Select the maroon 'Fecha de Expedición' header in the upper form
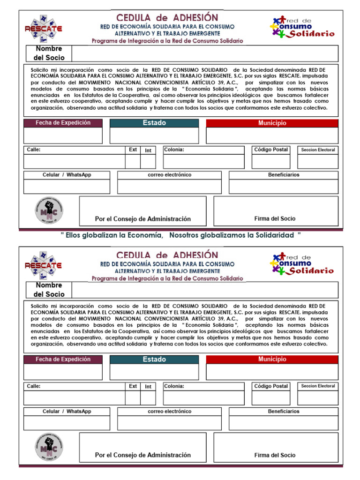coord(63,123)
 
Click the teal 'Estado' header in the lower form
coord(154,359)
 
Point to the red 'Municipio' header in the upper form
coord(272,123)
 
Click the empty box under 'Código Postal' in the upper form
coord(270,161)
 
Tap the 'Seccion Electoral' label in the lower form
coord(318,386)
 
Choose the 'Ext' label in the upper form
coord(133,150)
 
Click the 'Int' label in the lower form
coord(148,386)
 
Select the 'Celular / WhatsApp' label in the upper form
coord(67,175)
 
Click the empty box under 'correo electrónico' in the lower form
coord(169,422)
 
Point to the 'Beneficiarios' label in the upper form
coord(284,175)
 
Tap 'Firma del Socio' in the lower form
coord(275,455)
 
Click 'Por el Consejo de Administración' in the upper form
coord(143,219)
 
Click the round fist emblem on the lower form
coord(49,447)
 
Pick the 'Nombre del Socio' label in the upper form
coord(49,53)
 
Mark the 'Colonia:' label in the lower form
coord(174,386)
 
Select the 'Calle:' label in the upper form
coord(34,150)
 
